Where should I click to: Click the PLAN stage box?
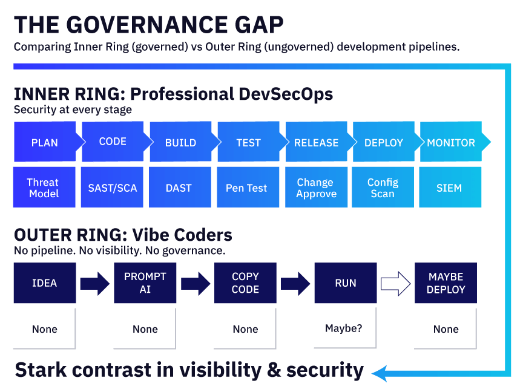coord(45,142)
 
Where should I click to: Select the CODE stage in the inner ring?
coord(113,142)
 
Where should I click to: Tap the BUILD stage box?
coord(180,142)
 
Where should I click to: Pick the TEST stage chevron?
coord(248,142)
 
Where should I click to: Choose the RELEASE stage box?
coord(316,142)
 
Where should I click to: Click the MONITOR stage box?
coord(452,142)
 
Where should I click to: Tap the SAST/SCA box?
coord(112,188)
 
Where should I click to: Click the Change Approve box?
coord(315,188)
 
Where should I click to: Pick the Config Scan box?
coord(383,188)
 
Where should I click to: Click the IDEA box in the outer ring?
coord(45,283)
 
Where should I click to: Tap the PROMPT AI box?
coord(145,283)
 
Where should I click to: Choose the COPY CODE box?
coord(245,283)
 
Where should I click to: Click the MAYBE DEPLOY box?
coord(446,283)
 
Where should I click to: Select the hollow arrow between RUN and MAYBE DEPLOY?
coord(395,283)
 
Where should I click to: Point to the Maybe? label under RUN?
coord(344,328)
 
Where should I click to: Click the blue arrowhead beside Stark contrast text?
coord(379,373)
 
